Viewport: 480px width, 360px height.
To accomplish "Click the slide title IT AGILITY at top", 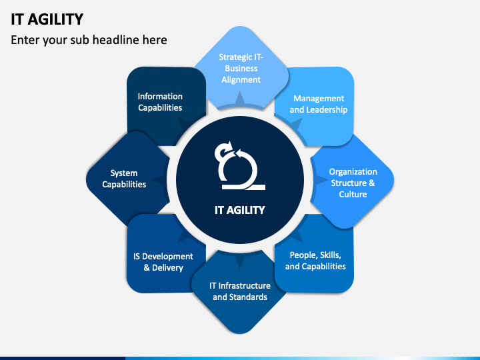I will [47, 19].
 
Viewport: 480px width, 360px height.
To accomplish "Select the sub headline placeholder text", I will [89, 40].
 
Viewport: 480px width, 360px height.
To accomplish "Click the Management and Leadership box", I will [319, 104].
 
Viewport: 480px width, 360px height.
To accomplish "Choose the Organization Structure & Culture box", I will [353, 183].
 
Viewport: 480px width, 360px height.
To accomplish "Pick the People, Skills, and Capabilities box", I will [315, 261].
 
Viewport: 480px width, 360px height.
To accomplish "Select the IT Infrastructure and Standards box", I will [240, 291].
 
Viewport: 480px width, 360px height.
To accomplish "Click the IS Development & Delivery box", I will [163, 261].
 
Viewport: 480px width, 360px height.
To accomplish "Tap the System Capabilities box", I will [124, 179].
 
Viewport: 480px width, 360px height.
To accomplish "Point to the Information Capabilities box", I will [160, 101].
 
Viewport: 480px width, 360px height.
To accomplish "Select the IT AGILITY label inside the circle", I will [239, 210].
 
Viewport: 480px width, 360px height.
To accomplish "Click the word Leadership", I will [327, 110].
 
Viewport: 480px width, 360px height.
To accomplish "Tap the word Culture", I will [353, 195].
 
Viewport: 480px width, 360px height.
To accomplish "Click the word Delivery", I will [168, 267].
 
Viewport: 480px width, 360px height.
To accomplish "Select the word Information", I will [160, 96].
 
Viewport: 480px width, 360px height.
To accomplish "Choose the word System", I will [124, 173].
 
